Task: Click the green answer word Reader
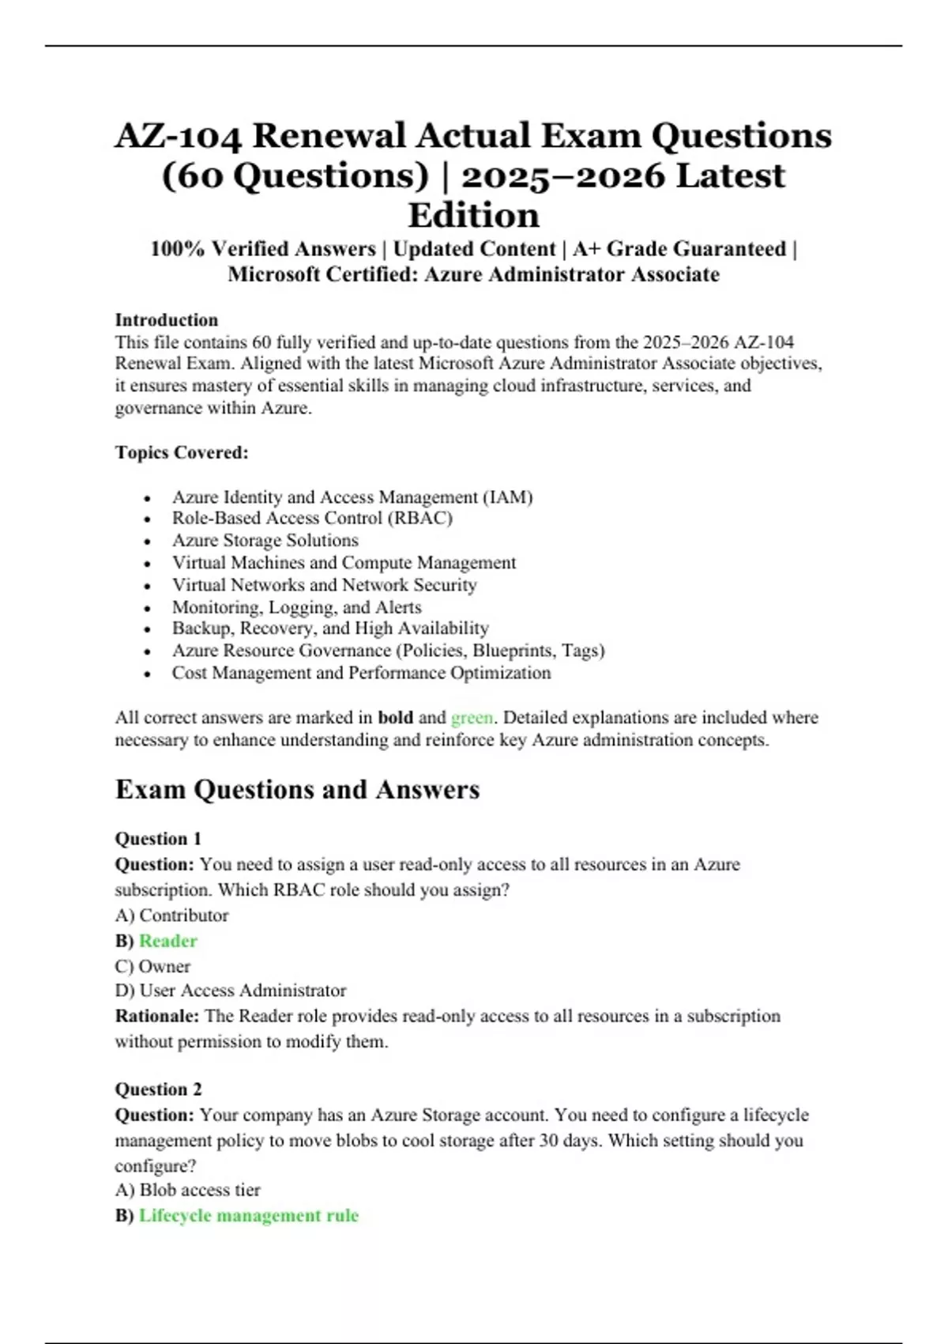coord(167,941)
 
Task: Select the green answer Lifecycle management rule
coord(248,1215)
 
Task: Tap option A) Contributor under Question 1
coord(171,916)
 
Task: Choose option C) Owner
coord(152,966)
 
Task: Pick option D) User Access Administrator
coord(230,991)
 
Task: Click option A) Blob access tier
coord(187,1190)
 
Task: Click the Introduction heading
coord(167,320)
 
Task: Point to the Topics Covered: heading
coord(182,452)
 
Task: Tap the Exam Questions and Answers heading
coord(297,789)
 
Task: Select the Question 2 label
coord(158,1089)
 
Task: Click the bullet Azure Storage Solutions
coord(265,540)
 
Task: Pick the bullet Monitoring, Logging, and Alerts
coord(296,607)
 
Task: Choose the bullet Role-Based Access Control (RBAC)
coord(312,518)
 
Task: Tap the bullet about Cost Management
coord(361,673)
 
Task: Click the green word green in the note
coord(472,718)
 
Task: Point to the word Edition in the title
coord(473,215)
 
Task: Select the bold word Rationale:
coord(156,1016)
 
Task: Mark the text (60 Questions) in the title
coord(295,176)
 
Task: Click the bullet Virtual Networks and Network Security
coord(324,585)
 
